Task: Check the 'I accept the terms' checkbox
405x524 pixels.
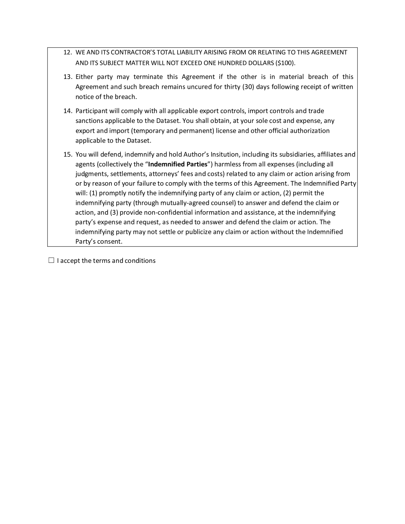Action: (51, 260)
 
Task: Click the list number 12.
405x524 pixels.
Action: (67, 52)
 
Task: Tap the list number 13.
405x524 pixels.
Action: (67, 77)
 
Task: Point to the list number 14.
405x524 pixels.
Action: (67, 111)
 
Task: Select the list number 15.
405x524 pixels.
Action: (67, 154)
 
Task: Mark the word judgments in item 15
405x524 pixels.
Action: (91, 174)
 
